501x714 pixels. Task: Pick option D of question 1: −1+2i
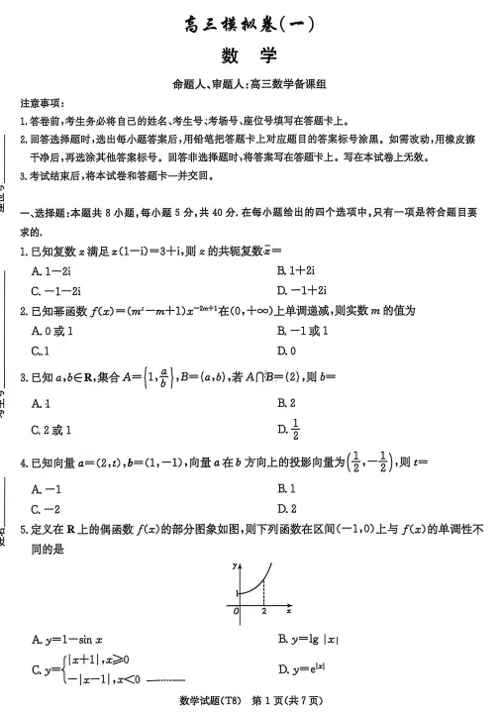click(x=303, y=291)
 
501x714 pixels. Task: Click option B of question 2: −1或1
click(x=303, y=331)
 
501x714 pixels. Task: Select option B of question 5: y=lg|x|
click(x=309, y=639)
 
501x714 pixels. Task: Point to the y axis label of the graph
click(x=233, y=564)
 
